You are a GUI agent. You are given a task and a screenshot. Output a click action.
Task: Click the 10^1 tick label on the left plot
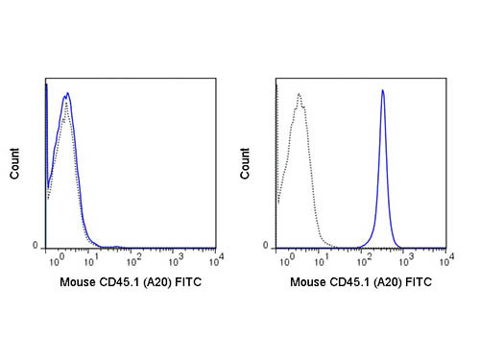[x=92, y=259]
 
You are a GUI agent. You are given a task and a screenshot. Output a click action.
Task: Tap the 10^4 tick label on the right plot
[x=447, y=259]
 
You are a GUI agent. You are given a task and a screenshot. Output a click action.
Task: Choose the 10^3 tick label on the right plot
[x=407, y=259]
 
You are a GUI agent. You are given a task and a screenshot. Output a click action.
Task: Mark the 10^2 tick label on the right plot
[x=366, y=259]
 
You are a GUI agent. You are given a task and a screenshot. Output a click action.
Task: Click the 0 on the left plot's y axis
[x=37, y=246]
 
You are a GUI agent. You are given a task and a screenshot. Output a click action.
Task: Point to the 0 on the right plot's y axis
[x=269, y=246]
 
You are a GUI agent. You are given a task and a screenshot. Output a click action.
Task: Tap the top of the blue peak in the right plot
[x=383, y=90]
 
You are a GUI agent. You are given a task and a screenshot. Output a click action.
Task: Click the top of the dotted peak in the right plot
[x=300, y=94]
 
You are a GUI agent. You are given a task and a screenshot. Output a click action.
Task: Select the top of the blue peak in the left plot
[x=66, y=94]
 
